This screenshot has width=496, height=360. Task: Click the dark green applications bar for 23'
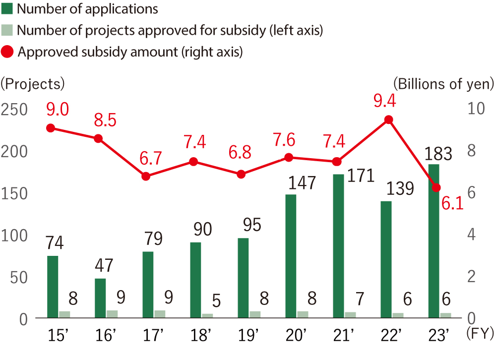click(x=434, y=241)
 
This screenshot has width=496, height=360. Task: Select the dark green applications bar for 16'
click(x=100, y=298)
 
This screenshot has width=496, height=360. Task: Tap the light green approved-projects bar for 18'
click(x=207, y=315)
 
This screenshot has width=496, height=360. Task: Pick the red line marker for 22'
click(x=389, y=120)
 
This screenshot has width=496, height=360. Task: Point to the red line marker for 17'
click(x=146, y=176)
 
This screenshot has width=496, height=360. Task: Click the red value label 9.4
click(x=385, y=101)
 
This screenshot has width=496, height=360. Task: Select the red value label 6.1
click(x=452, y=202)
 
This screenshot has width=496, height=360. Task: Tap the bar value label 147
click(x=302, y=183)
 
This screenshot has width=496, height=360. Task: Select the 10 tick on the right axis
click(x=475, y=109)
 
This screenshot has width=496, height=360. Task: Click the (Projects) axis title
click(x=33, y=83)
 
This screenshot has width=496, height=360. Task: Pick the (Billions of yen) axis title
click(x=443, y=83)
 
